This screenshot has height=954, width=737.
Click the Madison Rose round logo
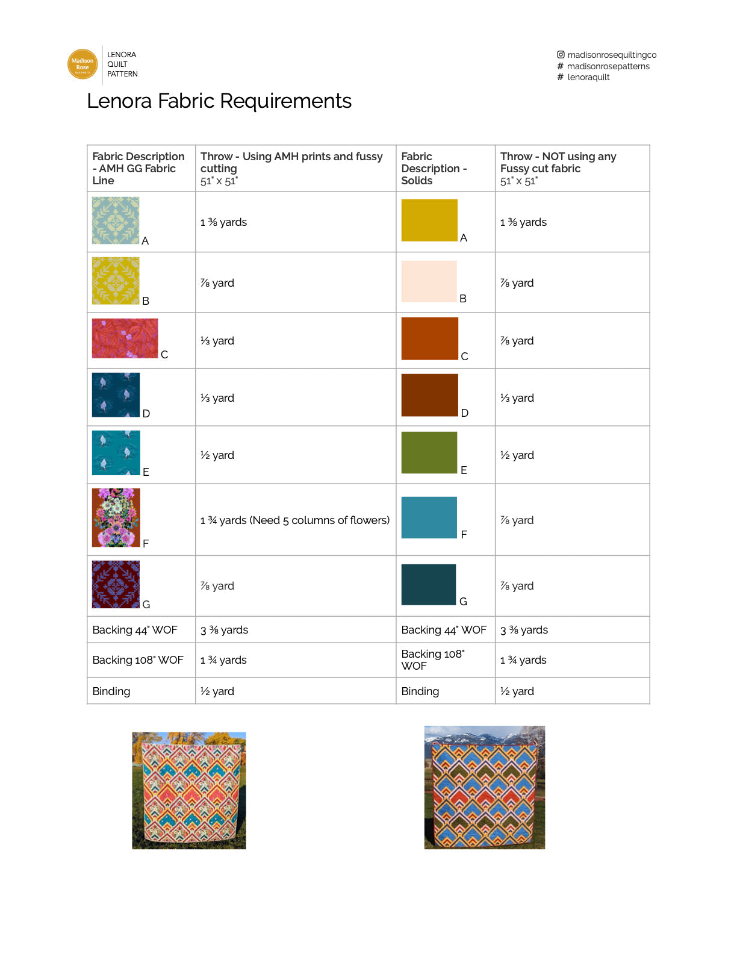(x=82, y=64)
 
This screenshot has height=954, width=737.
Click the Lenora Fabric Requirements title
(x=219, y=101)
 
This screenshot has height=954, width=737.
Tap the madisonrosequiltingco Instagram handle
(x=611, y=55)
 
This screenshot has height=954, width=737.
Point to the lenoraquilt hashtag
(x=588, y=77)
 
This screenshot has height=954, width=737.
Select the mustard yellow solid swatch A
(x=429, y=220)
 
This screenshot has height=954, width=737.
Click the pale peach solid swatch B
(x=429, y=281)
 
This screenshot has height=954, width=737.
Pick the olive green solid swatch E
(x=429, y=452)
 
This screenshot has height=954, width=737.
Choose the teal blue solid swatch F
(x=429, y=517)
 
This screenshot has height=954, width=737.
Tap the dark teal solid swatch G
(x=429, y=584)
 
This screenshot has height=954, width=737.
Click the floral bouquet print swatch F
(x=116, y=517)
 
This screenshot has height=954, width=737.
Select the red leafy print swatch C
(x=125, y=338)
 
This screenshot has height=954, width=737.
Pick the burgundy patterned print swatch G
(x=116, y=584)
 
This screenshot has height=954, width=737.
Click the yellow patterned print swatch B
(x=116, y=281)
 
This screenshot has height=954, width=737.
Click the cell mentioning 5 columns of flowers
(x=295, y=520)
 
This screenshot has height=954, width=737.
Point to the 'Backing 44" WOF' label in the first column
(x=135, y=630)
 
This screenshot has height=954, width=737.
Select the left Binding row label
(x=111, y=691)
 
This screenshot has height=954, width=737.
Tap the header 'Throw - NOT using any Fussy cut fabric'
(x=558, y=163)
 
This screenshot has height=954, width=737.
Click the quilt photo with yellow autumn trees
(x=189, y=790)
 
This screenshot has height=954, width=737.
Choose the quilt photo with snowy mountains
(x=485, y=787)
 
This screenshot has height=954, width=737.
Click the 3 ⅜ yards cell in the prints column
(x=225, y=630)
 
